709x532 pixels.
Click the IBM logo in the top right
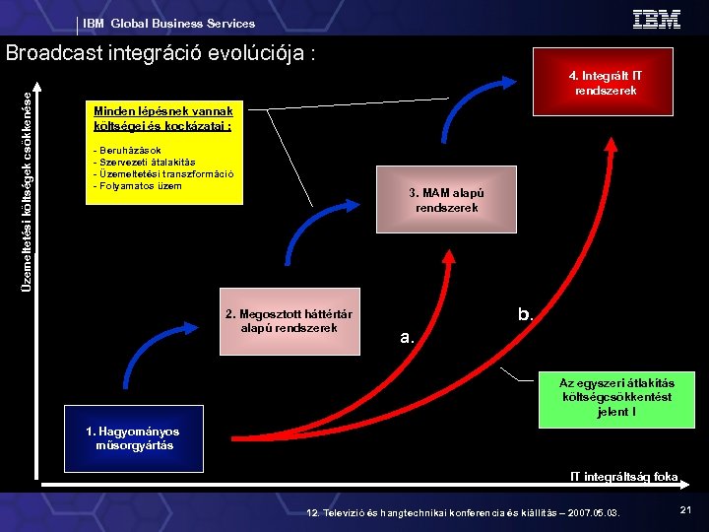click(656, 19)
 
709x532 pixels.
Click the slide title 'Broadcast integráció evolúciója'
click(161, 53)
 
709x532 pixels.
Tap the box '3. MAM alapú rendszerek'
click(446, 201)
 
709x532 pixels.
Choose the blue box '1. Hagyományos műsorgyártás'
click(133, 438)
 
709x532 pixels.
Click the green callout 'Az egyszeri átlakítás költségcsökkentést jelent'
click(615, 397)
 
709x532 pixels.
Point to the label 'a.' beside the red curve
click(408, 337)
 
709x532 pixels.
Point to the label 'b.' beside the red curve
click(526, 315)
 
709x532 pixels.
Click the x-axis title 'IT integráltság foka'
click(624, 477)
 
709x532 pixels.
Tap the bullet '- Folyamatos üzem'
click(137, 186)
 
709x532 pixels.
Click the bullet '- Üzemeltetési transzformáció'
click(162, 174)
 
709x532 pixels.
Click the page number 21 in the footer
click(685, 508)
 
